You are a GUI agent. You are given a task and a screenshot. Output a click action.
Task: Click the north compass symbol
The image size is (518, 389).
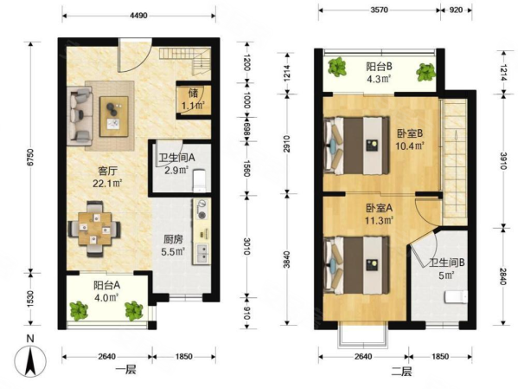pos(30,361)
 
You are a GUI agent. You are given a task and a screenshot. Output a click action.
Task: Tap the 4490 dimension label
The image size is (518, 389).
pos(138,16)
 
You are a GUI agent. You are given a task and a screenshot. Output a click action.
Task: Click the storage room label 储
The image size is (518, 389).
pos(193,93)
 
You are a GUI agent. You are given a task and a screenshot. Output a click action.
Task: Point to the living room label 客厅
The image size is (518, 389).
pos(107,172)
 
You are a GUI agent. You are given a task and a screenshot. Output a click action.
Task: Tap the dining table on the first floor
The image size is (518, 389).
pos(95,229)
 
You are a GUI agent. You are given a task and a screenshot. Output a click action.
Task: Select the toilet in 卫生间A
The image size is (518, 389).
pos(200,180)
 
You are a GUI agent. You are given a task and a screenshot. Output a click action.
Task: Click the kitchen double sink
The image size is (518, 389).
pos(201,253)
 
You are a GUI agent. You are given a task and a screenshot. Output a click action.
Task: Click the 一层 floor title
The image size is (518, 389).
pos(125,369)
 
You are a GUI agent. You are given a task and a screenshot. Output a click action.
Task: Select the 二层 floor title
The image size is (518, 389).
pos(401,372)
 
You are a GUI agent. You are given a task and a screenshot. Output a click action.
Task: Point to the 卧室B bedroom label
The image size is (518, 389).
pos(410,133)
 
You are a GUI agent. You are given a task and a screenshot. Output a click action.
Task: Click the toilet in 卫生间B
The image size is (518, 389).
pos(457,297)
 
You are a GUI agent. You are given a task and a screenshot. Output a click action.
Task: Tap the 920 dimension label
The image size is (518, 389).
pos(457,10)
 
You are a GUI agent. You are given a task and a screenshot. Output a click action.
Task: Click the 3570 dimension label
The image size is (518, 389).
pos(379,10)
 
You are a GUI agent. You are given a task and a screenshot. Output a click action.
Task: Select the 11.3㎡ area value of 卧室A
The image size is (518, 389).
pos(379,220)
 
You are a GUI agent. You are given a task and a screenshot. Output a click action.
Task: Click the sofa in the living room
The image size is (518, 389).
pos(80,116)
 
